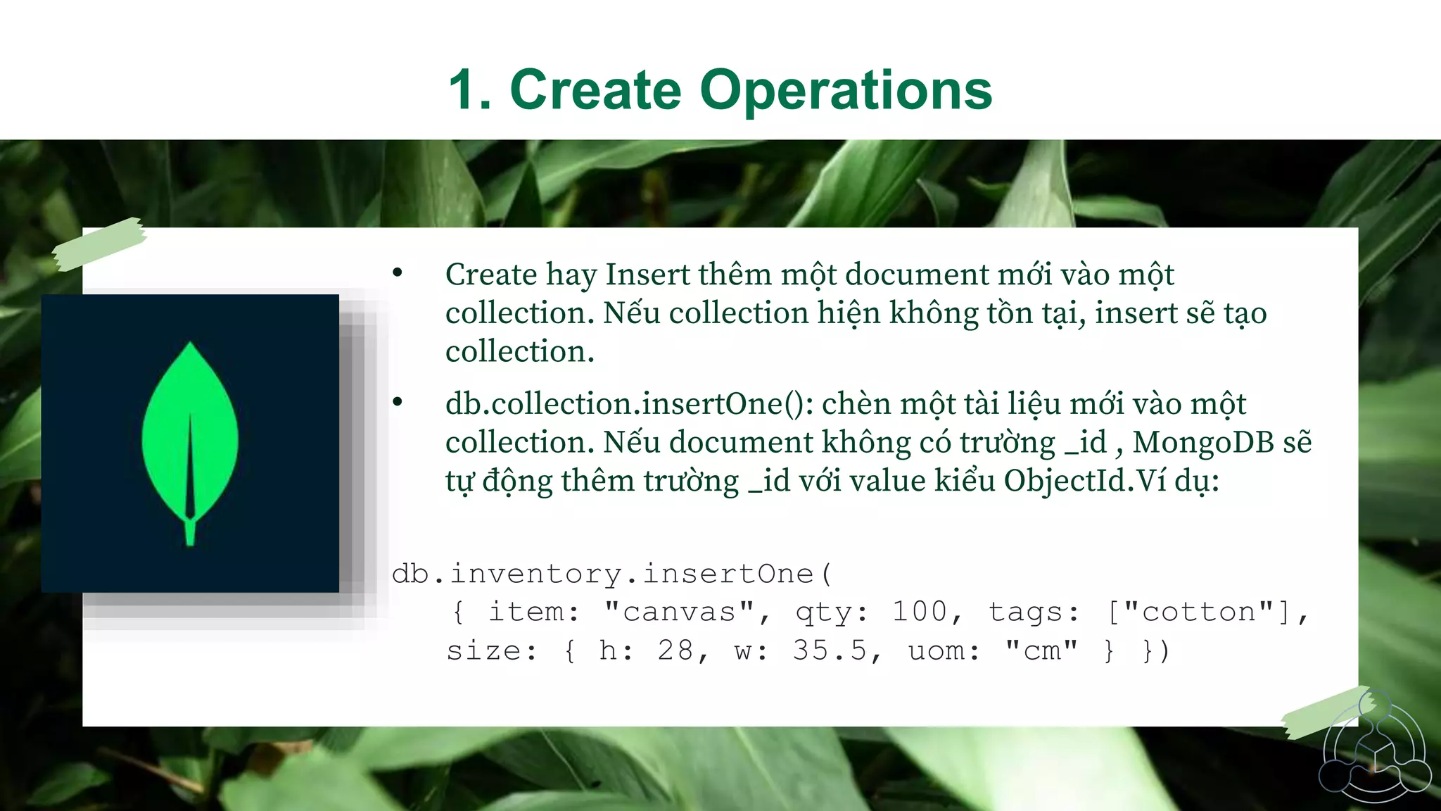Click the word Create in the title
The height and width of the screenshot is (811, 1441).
coord(595,90)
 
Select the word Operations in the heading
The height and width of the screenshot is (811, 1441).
coord(846,92)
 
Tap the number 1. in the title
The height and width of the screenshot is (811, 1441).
coord(470,90)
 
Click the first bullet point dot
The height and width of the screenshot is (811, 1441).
coord(398,273)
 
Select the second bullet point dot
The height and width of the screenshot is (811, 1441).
coord(398,402)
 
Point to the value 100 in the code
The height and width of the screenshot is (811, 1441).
coord(920,612)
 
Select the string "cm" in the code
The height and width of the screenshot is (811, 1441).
coord(1042,650)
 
